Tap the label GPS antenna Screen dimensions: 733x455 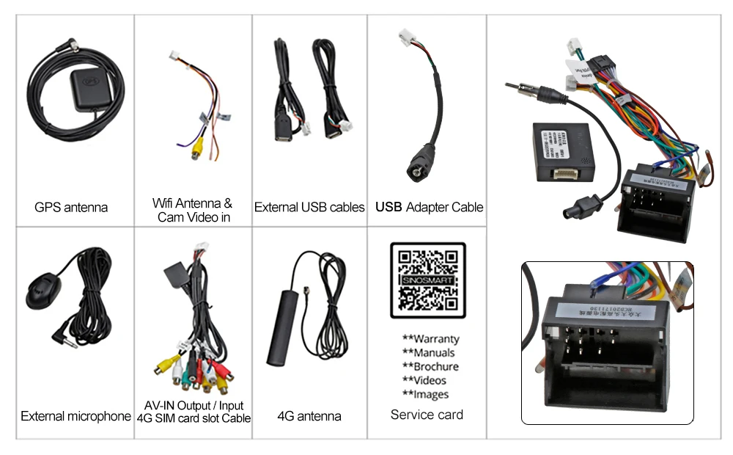click(71, 207)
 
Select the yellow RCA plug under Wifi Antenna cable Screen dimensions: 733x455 click(196, 148)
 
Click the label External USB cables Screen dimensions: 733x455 click(309, 207)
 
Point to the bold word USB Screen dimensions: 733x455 click(388, 207)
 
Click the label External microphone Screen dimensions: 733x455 click(75, 416)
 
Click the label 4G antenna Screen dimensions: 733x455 click(309, 416)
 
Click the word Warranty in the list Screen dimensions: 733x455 click(435, 339)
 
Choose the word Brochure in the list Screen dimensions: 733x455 click(435, 366)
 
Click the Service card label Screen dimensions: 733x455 click(427, 415)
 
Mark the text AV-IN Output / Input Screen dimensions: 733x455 click(194, 405)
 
